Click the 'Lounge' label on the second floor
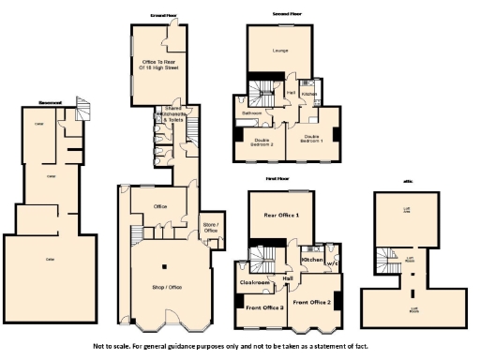click(x=279, y=51)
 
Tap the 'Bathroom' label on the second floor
click(x=251, y=113)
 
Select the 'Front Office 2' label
click(x=311, y=302)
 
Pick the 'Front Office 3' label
click(x=264, y=307)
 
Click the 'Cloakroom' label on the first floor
click(x=255, y=281)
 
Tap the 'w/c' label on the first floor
click(x=330, y=263)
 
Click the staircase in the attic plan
click(x=383, y=257)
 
